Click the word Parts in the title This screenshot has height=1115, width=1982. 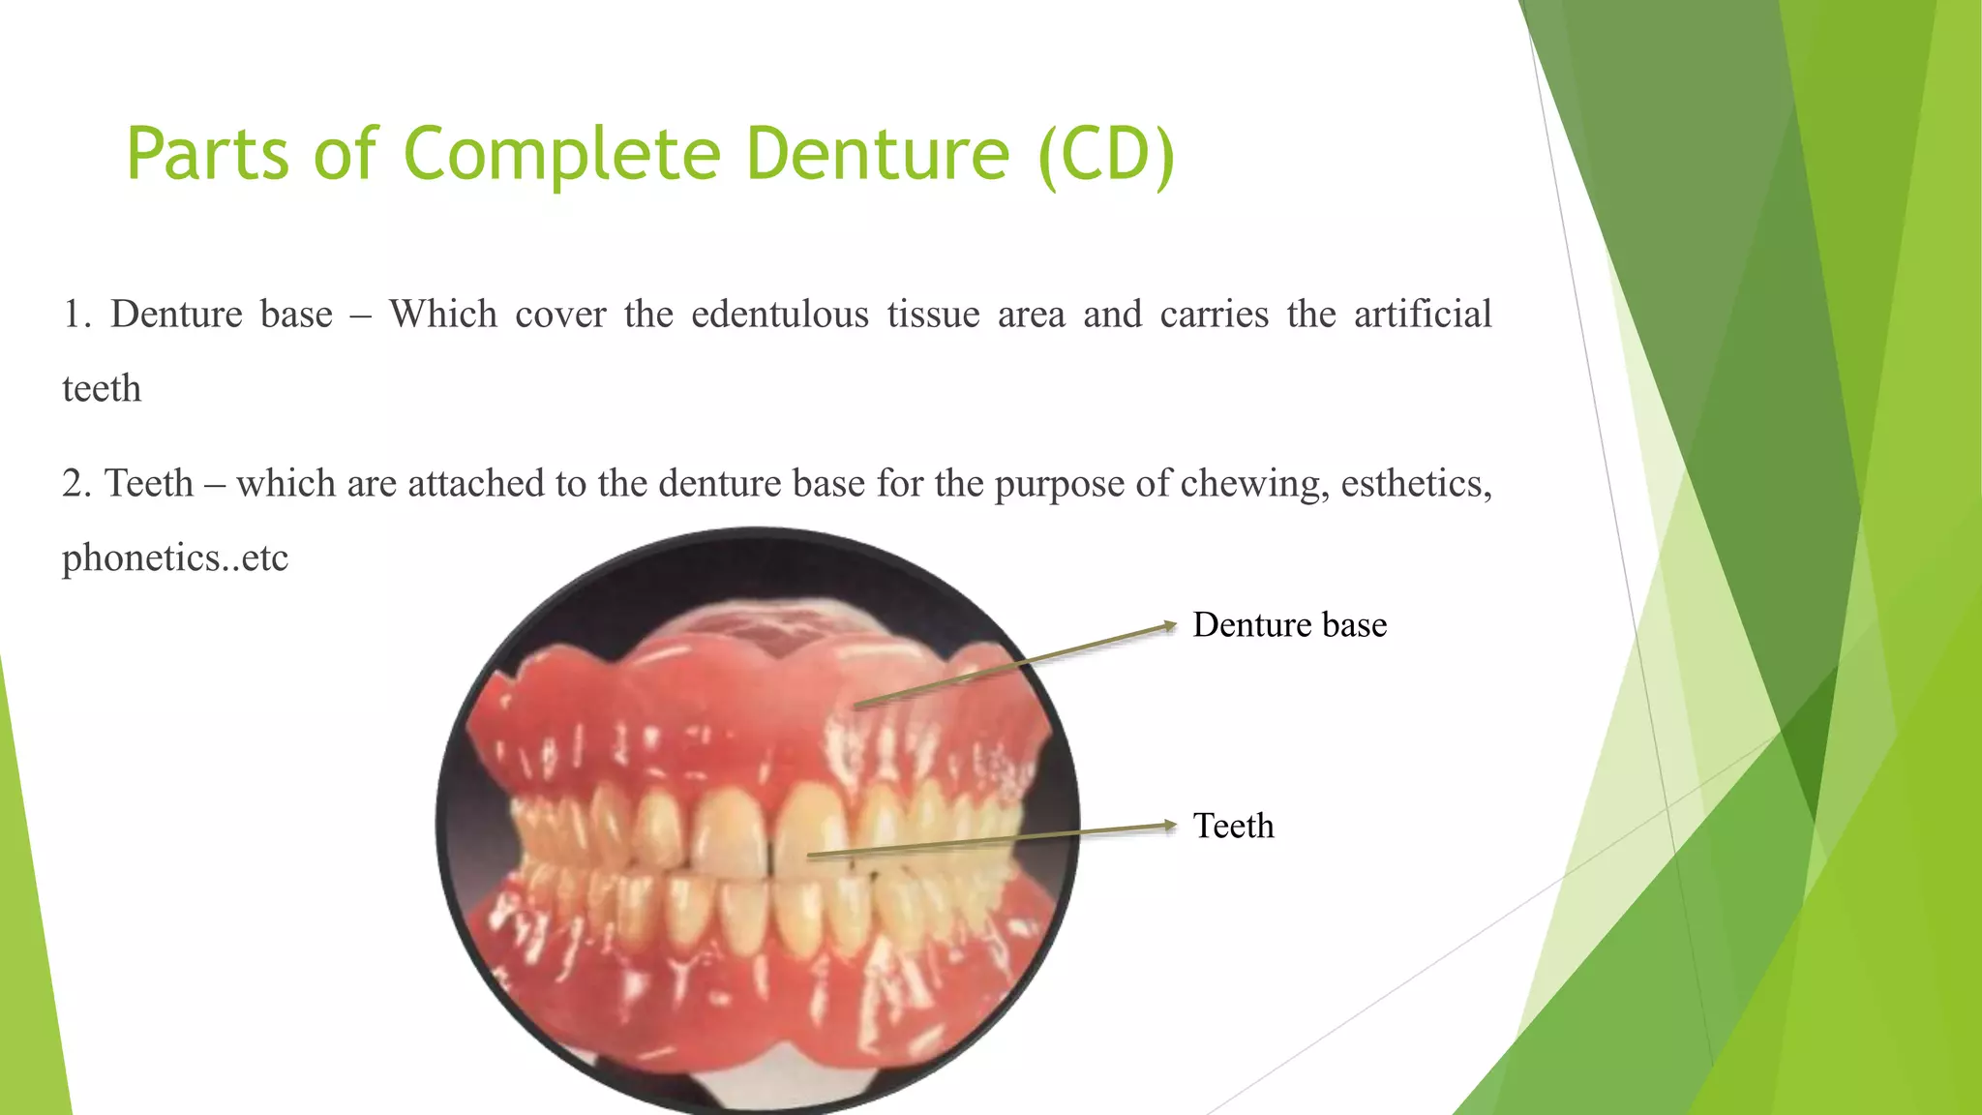pyautogui.click(x=207, y=155)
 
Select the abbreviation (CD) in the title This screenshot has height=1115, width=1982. pyautogui.click(x=1105, y=155)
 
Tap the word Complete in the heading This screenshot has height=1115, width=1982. pyautogui.click(x=561, y=155)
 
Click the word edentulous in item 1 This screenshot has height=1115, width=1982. pyautogui.click(x=780, y=316)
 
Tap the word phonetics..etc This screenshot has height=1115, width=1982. pyautogui.click(x=175, y=558)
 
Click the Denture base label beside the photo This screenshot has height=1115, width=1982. pyautogui.click(x=1289, y=625)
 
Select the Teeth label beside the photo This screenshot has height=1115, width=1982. pyautogui.click(x=1233, y=827)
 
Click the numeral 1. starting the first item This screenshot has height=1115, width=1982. pyautogui.click(x=76, y=316)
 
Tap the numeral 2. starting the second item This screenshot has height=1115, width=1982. pyautogui.click(x=76, y=484)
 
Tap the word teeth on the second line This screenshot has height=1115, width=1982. pyautogui.click(x=102, y=389)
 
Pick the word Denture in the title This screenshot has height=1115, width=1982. pyautogui.click(x=878, y=155)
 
